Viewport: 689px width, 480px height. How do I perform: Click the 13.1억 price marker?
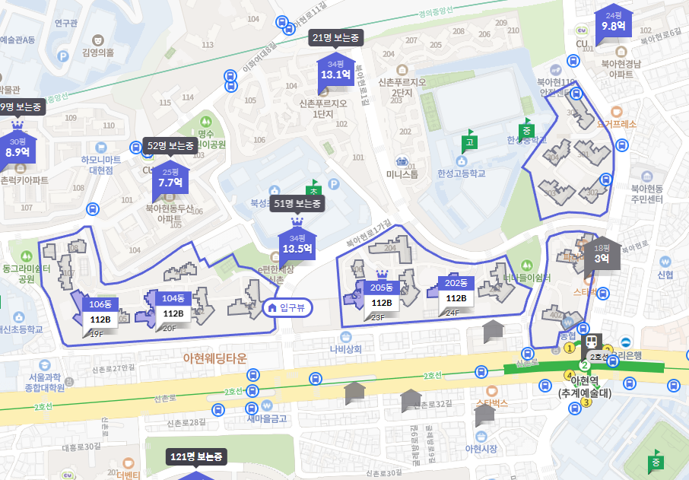[335, 70]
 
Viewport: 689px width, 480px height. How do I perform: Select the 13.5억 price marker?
[297, 243]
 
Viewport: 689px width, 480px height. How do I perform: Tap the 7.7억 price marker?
[170, 178]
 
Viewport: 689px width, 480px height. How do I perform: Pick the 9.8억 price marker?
[613, 21]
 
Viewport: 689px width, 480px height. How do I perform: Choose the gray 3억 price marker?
[602, 253]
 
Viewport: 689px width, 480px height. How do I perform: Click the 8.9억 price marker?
[17, 147]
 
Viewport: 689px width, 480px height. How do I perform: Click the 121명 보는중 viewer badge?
[197, 456]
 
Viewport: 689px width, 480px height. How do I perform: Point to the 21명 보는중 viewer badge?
[336, 37]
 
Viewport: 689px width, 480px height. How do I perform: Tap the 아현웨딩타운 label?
[215, 358]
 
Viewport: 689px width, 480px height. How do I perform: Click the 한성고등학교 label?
[461, 173]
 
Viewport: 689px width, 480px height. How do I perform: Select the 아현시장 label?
[481, 449]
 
